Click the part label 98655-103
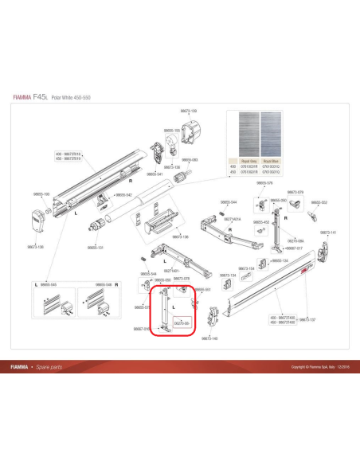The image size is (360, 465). coord(41,193)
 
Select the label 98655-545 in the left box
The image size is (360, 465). coord(48,284)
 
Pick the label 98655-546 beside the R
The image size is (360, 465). coord(104,284)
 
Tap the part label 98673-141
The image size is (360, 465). coord(328,232)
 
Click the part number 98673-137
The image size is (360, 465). coord(307,319)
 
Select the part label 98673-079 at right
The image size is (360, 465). coord(295,192)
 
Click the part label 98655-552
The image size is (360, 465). coord(319,202)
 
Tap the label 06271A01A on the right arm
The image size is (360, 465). coord(233,218)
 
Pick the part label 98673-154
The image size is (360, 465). coord(247,268)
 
